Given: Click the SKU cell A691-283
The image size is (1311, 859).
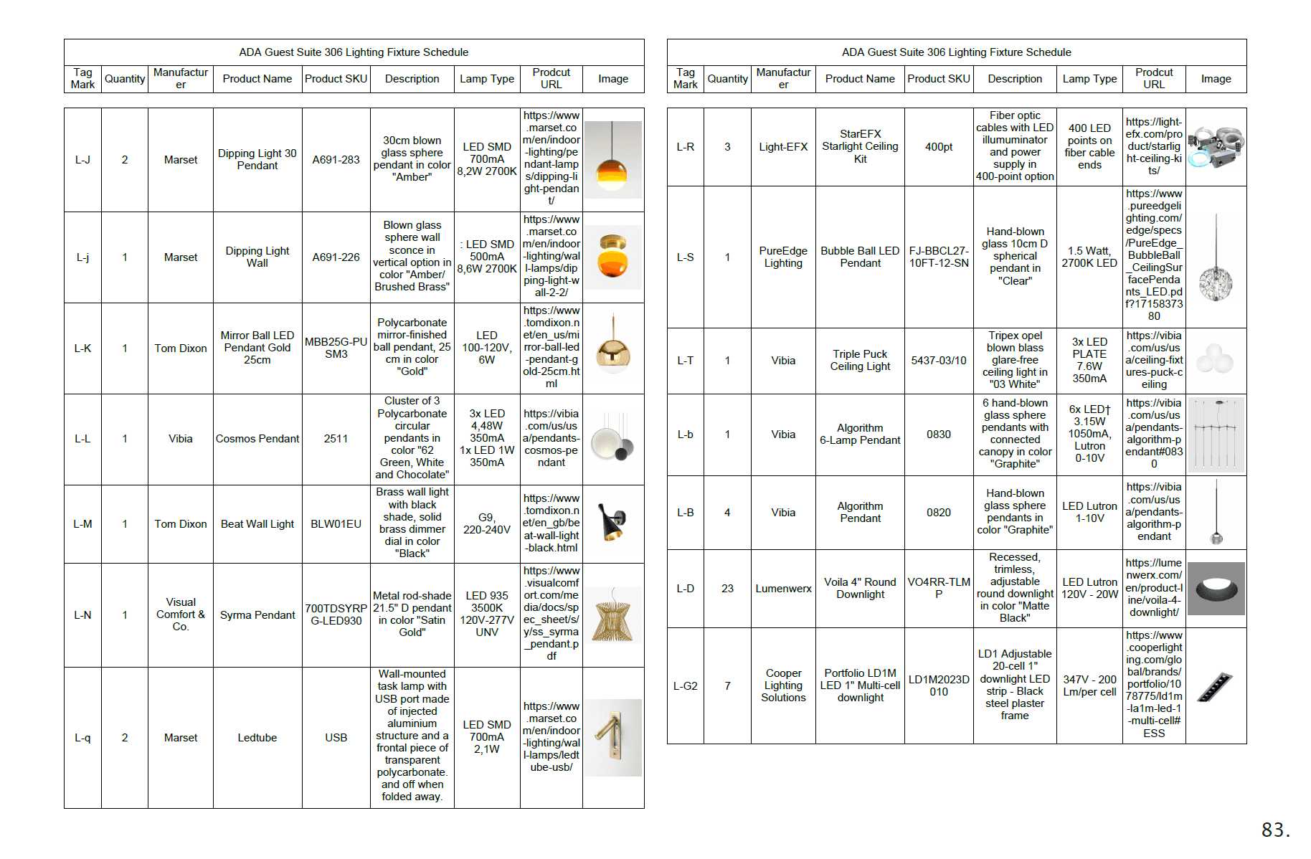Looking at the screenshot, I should (336, 160).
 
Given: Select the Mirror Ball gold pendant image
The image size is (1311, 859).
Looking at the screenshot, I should (613, 348).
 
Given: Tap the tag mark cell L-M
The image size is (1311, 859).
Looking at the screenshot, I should (82, 524).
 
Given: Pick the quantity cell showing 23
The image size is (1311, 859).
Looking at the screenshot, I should (727, 589).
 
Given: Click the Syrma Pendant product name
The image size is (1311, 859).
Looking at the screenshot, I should (257, 615).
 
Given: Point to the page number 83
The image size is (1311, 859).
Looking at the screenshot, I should (1275, 830).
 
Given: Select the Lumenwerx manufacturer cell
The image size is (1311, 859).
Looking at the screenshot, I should (783, 589).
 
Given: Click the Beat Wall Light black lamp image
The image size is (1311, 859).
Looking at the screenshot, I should (613, 523).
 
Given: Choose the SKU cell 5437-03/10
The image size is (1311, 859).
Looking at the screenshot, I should (939, 361).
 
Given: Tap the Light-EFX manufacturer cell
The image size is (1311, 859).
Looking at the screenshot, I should (783, 147).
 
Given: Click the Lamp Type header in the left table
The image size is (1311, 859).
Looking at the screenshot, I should (487, 79).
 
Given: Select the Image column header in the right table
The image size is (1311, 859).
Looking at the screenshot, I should (1216, 79).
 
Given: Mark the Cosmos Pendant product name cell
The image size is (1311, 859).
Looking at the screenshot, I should (257, 439).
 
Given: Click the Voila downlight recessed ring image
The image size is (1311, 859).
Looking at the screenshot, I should (1216, 589).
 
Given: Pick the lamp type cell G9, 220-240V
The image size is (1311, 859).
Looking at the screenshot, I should (487, 523).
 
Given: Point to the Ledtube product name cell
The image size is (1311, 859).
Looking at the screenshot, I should (257, 738).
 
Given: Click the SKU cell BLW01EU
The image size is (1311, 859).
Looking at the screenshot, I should (336, 524).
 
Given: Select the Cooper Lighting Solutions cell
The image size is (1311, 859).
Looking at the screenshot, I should (783, 685).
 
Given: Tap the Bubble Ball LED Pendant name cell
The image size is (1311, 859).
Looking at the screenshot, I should (860, 257).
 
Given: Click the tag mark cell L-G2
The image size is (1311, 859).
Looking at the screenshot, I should (685, 686).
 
